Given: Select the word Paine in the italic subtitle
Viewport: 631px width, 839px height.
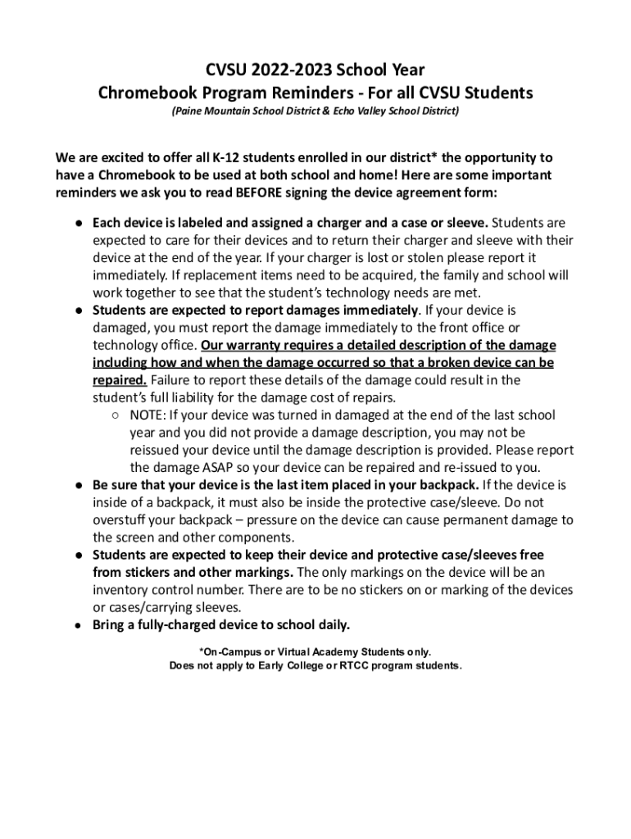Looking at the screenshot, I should pyautogui.click(x=187, y=111).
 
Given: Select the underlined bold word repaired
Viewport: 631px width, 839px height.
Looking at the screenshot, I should pyautogui.click(x=120, y=380).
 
